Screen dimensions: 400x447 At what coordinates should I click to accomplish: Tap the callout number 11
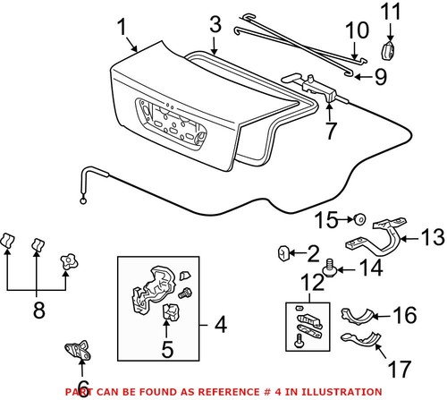click(x=391, y=12)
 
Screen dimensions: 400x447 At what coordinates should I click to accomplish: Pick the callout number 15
click(x=327, y=217)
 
